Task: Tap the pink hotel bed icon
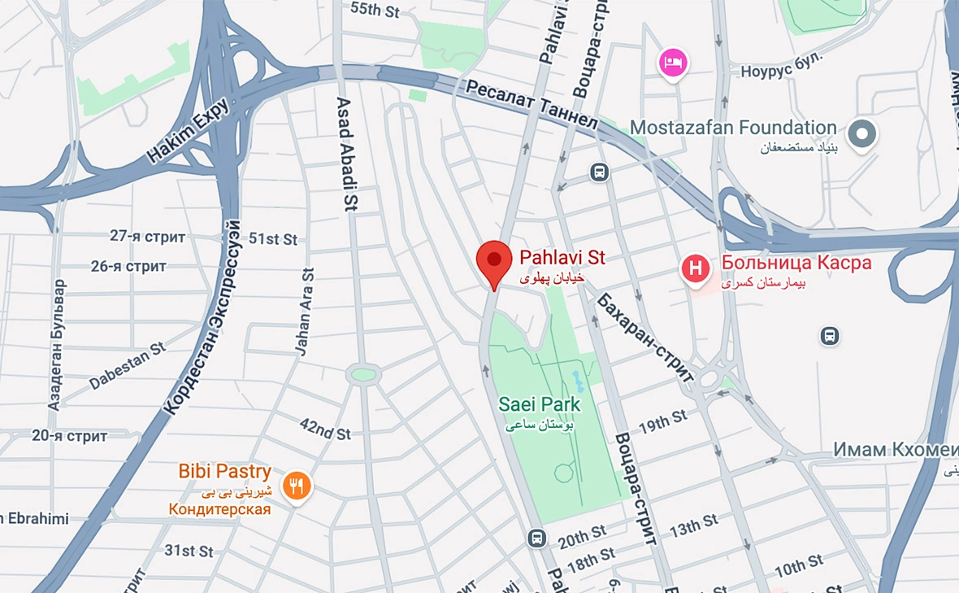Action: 673,62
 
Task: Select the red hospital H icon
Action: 696,268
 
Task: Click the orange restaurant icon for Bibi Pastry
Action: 297,486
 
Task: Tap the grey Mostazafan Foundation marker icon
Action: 862,133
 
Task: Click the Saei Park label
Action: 540,404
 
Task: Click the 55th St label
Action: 376,9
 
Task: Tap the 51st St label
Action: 273,239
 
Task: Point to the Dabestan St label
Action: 128,365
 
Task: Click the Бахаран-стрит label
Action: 647,336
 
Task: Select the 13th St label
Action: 693,525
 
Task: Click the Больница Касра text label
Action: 796,263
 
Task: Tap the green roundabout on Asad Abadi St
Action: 363,374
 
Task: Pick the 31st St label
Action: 189,551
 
